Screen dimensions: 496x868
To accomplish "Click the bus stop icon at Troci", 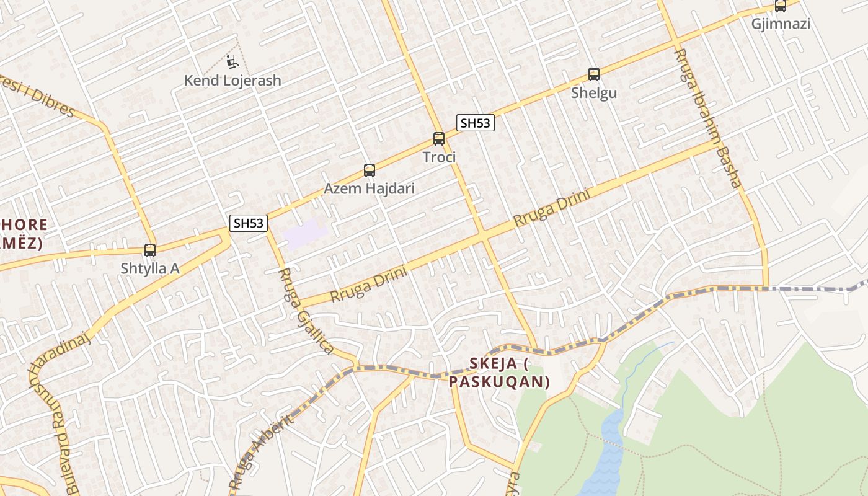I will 439,139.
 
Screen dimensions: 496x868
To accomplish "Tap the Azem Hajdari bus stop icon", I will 370,170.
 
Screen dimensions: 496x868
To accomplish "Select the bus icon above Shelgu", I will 594,74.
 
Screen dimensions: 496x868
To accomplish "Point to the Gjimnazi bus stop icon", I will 781,6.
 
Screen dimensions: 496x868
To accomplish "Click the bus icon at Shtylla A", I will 150,250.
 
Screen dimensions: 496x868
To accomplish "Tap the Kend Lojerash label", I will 232,81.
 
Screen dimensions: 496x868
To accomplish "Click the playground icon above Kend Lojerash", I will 231,62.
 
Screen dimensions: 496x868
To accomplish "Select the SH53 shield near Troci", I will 476,123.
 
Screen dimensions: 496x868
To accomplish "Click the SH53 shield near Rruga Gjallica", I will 249,223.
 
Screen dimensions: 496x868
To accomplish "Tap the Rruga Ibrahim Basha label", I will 707,118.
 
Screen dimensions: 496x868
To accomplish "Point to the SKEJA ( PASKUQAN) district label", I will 500,372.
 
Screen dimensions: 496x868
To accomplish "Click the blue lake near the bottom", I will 605,453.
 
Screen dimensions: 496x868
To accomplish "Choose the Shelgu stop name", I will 594,93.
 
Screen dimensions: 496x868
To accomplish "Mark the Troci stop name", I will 439,157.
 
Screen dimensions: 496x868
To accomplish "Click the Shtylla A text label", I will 150,268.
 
